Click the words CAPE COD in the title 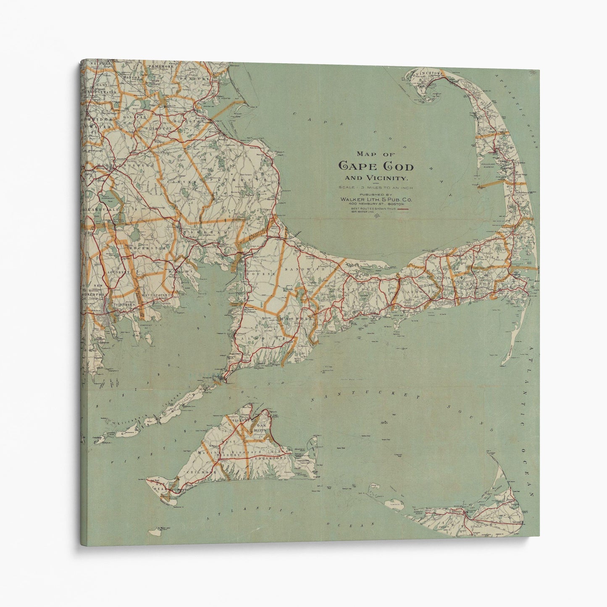376,166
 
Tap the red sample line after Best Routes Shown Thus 404,208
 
